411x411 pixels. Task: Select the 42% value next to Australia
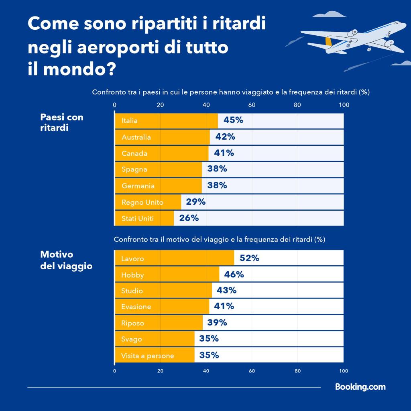point(225,137)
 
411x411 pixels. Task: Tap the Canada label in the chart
point(134,153)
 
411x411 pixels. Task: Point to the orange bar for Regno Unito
point(148,202)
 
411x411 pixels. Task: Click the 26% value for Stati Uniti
point(189,218)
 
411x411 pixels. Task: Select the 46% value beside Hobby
point(234,275)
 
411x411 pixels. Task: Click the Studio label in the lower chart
point(132,291)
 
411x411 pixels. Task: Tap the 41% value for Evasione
point(224,306)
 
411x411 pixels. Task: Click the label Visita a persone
point(148,356)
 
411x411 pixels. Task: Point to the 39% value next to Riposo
point(217,322)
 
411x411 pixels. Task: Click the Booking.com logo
point(360,387)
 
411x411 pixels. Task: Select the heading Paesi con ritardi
point(61,122)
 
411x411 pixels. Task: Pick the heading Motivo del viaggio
point(66,260)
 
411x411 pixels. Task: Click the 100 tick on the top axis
point(344,105)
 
